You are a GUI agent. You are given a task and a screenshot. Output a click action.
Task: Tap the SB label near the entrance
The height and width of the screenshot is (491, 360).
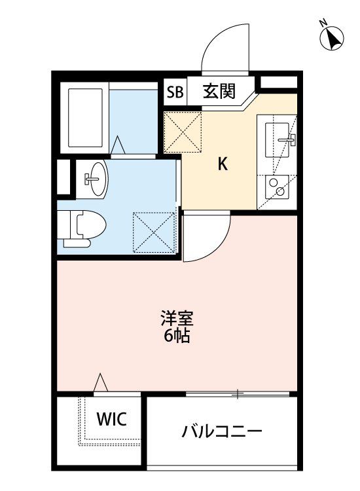click(x=174, y=92)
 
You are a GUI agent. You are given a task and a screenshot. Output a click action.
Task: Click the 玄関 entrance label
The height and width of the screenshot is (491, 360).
click(x=219, y=91)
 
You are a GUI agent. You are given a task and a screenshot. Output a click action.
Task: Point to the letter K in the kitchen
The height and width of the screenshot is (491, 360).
click(x=223, y=165)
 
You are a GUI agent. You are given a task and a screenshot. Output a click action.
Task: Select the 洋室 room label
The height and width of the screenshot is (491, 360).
click(x=177, y=321)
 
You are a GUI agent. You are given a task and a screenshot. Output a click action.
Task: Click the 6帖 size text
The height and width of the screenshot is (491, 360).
click(x=177, y=338)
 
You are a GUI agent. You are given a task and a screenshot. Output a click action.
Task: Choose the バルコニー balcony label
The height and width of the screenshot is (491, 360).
click(x=222, y=432)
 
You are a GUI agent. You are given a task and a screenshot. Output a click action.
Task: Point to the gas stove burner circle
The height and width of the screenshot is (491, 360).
click(x=280, y=191)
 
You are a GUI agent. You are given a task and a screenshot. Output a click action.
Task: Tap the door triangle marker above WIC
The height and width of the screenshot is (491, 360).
click(x=100, y=382)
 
